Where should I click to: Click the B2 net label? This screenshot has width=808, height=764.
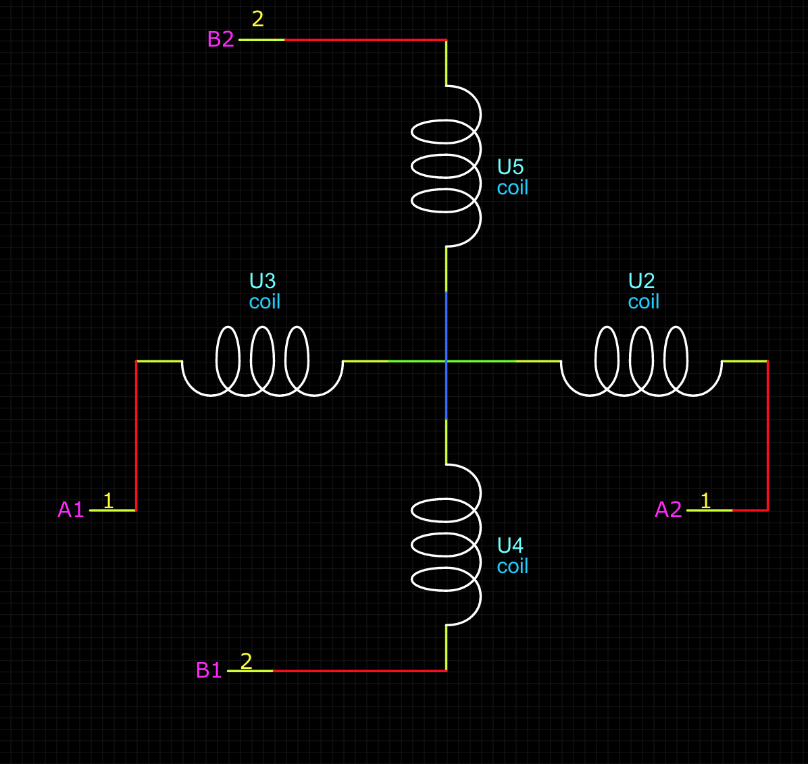coord(220,39)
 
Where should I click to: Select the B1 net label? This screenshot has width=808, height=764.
coord(209,670)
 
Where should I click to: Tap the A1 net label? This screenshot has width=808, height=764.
coord(71,510)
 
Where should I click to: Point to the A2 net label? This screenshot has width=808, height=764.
coord(668,510)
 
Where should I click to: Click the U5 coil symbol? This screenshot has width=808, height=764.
coord(447,166)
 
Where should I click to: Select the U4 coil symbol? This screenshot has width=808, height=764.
coord(447,545)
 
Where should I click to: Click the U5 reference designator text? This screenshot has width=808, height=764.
coord(510,167)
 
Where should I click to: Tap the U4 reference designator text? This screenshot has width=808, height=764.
coord(510,545)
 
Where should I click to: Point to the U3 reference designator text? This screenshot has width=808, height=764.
coord(262,281)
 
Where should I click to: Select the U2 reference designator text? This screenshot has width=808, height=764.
coord(641,281)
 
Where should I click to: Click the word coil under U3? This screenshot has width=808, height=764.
coord(264,302)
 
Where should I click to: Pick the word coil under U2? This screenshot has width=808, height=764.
coord(643,302)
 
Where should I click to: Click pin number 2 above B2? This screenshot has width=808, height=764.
coord(257,19)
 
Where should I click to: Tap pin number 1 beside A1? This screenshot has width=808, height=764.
coord(108,501)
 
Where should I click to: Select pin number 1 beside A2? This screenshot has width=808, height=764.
coord(705,501)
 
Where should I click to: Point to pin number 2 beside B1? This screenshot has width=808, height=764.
coord(246,661)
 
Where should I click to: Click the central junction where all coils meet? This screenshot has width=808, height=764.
coord(446,361)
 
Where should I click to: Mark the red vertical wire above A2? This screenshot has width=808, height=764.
coord(767,435)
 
